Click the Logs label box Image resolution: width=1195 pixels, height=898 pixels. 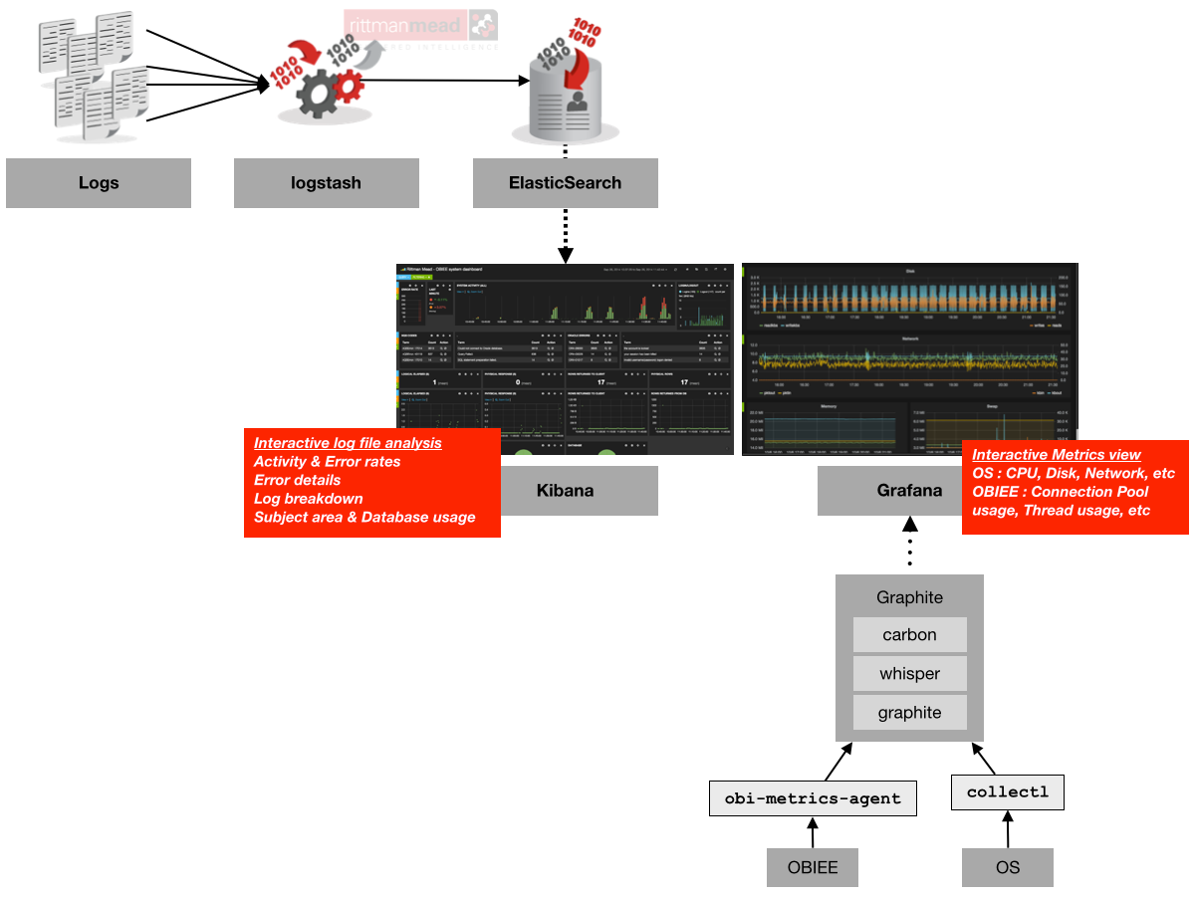point(99,183)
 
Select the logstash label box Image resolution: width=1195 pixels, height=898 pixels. point(326,183)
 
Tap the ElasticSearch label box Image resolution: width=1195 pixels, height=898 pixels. point(565,183)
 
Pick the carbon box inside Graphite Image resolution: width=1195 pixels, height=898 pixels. point(909,635)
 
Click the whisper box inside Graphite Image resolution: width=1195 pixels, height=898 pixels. point(909,674)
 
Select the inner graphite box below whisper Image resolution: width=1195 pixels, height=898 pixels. point(909,713)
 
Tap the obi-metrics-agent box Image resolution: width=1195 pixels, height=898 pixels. point(813,798)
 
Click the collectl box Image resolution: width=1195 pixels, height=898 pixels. point(1008,792)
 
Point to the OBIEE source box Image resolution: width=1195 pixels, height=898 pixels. point(813,867)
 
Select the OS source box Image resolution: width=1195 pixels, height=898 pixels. point(1008,867)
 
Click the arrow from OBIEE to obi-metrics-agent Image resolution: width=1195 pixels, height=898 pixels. point(813,833)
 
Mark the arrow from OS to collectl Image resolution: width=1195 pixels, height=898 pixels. point(1008,830)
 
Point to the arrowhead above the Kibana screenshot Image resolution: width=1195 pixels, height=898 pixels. point(565,256)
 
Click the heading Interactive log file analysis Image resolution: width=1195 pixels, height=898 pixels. point(348,443)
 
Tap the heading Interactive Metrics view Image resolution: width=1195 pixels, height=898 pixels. point(1057,455)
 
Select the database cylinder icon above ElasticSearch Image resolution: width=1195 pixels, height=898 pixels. point(565,100)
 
